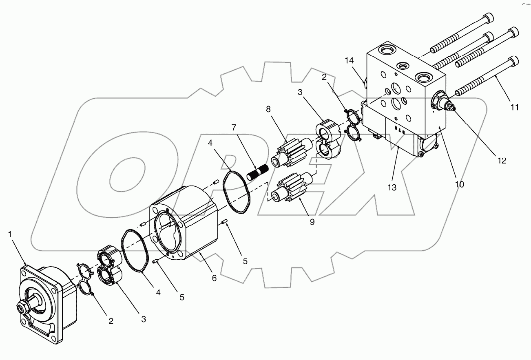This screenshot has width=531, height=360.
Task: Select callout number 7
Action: pyautogui.click(x=233, y=128)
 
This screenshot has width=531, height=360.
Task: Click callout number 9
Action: pyautogui.click(x=312, y=222)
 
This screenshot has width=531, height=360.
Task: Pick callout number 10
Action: pyautogui.click(x=460, y=184)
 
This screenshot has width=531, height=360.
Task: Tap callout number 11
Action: pyautogui.click(x=514, y=107)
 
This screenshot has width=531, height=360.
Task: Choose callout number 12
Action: pyautogui.click(x=501, y=160)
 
